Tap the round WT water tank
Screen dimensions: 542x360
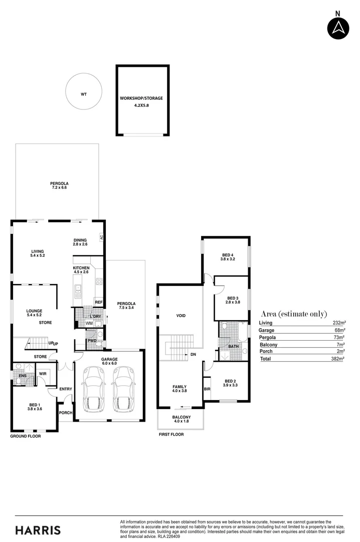point(84,92)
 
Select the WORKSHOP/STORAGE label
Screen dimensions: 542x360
point(141,98)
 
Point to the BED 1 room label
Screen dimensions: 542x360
point(34,405)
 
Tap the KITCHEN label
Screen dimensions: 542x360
point(81,268)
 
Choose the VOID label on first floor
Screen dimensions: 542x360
point(181,316)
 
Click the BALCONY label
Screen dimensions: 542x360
point(181,417)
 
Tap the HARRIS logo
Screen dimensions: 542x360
point(38,530)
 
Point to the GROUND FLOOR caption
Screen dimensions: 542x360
point(26,436)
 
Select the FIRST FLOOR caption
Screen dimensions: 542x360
point(170,434)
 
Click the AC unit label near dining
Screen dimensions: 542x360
point(101,237)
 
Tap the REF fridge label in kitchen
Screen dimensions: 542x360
point(98,302)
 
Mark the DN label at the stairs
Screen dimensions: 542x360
point(193,354)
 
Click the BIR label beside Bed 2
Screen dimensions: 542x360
point(207,389)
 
